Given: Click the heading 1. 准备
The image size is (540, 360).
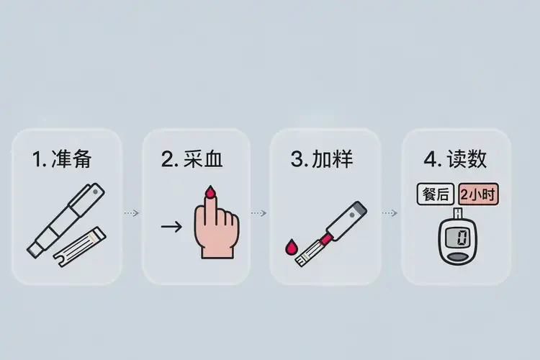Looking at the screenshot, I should coord(63,160).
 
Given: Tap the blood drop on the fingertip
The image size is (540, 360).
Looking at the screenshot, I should coord(210,192).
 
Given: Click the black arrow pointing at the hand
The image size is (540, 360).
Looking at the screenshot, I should coord(171,228).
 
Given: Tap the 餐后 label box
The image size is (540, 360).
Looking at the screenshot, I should coord(435,194).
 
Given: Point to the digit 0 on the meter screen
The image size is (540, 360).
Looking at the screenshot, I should coord(461,236).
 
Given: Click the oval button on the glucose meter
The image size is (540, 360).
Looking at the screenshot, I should coord(458,256).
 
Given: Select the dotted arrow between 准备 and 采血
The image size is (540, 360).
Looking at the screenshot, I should coord(131,213).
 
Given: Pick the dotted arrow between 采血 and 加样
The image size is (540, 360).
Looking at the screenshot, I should coord(258,213).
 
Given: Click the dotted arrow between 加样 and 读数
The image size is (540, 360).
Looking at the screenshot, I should coord(389,213).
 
